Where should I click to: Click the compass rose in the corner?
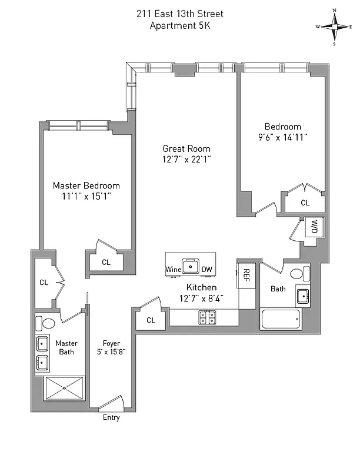[334, 26]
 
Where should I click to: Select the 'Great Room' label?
[186, 149]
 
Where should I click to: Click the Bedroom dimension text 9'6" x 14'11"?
[282, 137]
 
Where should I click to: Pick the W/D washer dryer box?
[314, 227]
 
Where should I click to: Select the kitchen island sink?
[190, 266]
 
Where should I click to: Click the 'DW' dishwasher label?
[206, 270]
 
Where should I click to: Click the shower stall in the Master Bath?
[65, 389]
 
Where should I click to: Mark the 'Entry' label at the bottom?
[111, 417]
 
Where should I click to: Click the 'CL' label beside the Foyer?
[151, 320]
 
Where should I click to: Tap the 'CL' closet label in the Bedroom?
[305, 203]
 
